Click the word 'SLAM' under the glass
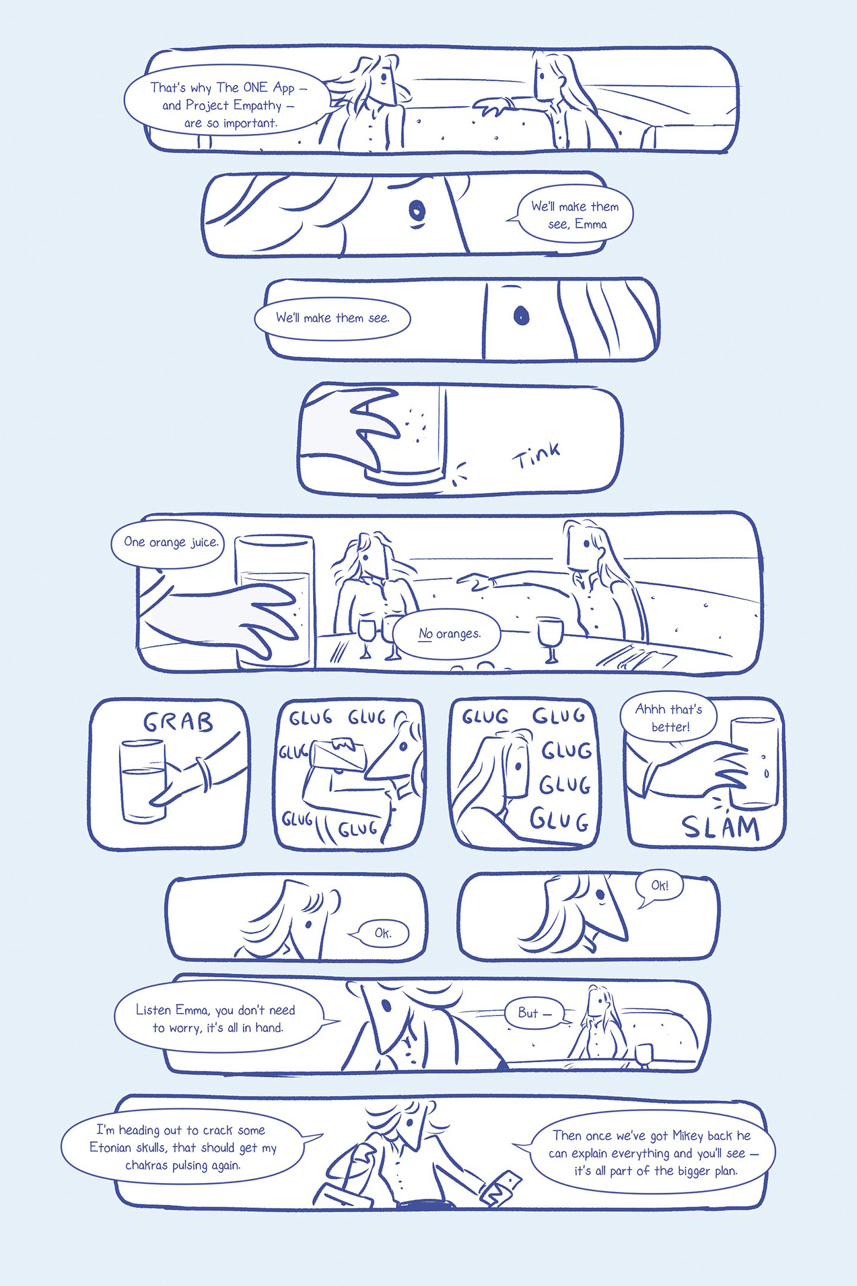click(x=720, y=828)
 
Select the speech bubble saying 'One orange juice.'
click(x=168, y=543)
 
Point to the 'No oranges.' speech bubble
click(x=446, y=634)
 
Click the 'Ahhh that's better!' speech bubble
click(x=669, y=718)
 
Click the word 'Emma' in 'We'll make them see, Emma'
click(x=591, y=224)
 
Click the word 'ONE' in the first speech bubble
click(x=255, y=88)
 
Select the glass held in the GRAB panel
click(x=142, y=781)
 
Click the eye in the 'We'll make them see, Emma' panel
click(x=417, y=209)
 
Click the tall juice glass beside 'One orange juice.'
click(x=275, y=601)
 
